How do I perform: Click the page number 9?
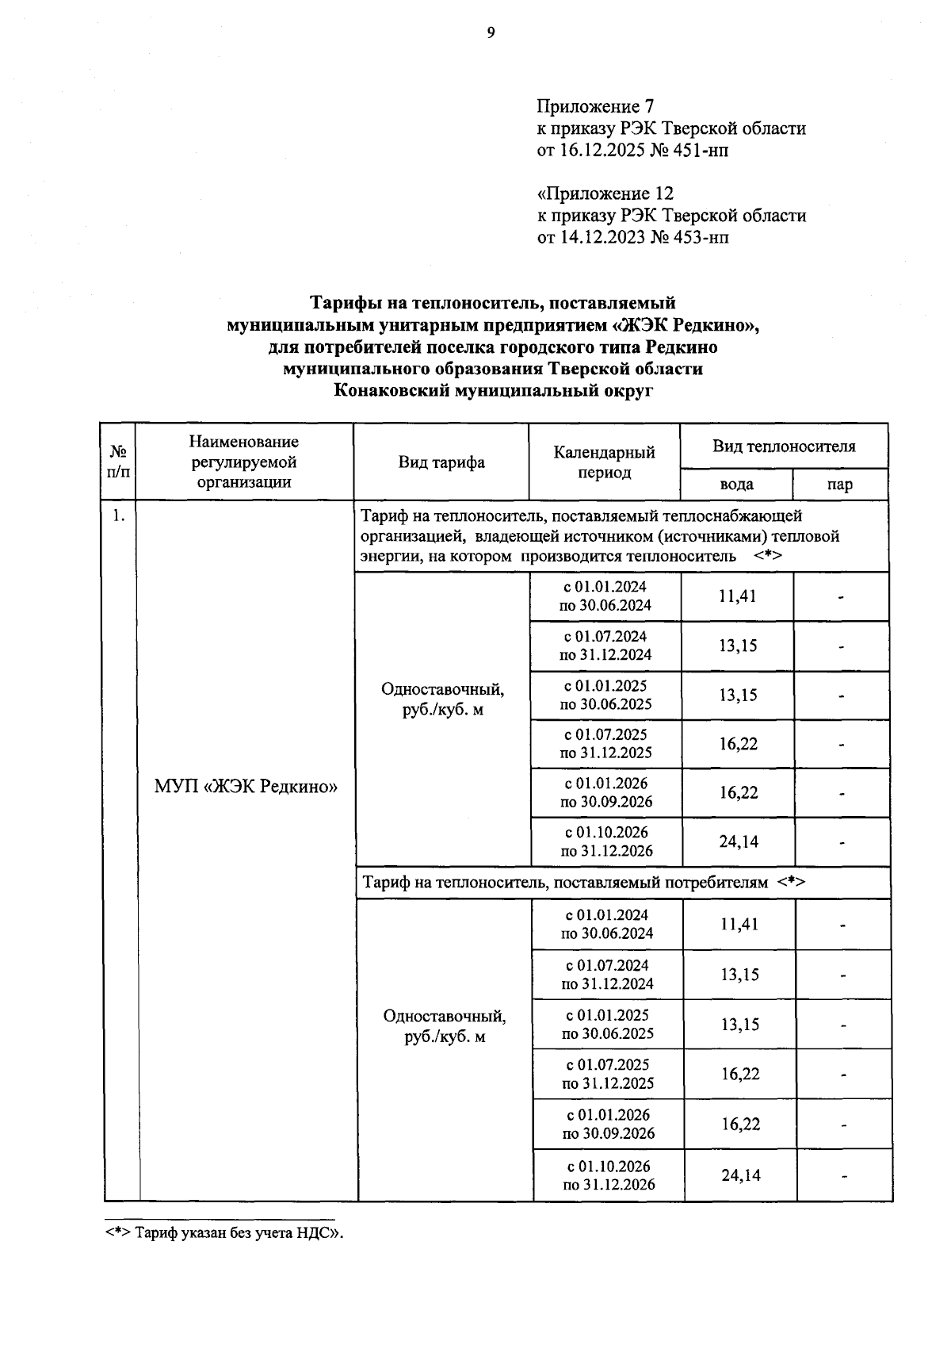pos(491,33)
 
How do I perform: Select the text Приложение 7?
pos(594,106)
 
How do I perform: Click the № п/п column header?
pos(118,462)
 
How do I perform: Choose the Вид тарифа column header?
pos(441,462)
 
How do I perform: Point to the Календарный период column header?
pos(604,462)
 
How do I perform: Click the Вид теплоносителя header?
pos(784,446)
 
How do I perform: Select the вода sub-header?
pos(736,485)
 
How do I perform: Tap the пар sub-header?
pos(840,485)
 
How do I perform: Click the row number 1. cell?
pos(119,515)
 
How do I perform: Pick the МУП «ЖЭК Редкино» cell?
pos(246,787)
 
